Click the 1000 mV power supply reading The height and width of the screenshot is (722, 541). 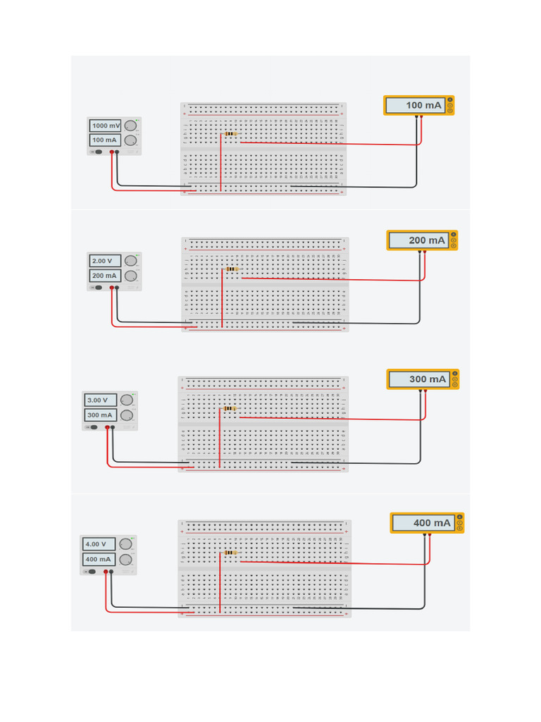click(x=105, y=126)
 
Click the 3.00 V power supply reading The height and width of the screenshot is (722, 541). click(x=99, y=400)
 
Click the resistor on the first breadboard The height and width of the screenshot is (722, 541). click(x=230, y=134)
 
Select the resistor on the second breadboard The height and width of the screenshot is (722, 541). click(x=231, y=269)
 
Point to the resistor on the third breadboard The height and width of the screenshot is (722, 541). click(x=229, y=408)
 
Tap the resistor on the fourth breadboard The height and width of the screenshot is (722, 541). click(x=230, y=553)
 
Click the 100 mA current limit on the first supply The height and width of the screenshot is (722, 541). click(x=105, y=140)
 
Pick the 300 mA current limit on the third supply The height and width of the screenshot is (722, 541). click(x=99, y=415)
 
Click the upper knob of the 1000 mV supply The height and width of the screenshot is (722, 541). click(x=130, y=126)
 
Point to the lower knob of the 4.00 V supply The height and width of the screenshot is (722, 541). click(x=126, y=560)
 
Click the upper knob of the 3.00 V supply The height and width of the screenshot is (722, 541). click(x=127, y=400)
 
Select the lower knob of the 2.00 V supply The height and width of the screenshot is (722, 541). click(x=130, y=276)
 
